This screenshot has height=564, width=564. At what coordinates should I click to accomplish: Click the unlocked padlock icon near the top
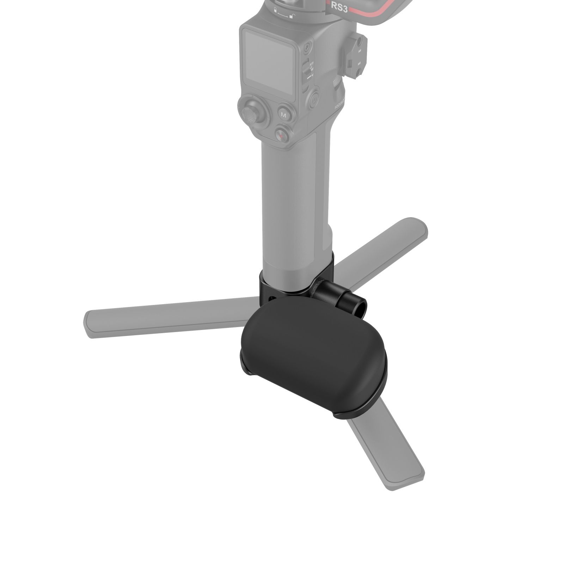pos(292,15)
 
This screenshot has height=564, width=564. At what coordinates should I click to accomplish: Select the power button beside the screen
pos(314,100)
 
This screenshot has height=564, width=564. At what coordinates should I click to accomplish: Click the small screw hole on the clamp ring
pos(271,299)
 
